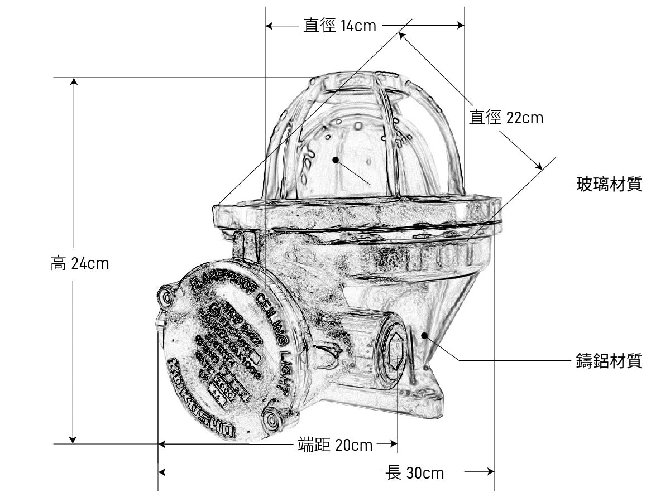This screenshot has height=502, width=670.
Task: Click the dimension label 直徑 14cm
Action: pos(339,25)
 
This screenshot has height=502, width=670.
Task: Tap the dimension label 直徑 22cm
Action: pos(506,118)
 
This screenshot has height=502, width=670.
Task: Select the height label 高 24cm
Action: pos(80,263)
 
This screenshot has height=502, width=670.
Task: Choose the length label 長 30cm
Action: pos(415,473)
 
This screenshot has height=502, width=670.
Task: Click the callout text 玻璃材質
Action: pos(609,185)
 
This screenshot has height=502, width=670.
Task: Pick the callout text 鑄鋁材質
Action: pos(609,361)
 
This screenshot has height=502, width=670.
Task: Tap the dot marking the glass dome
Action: pos(336,160)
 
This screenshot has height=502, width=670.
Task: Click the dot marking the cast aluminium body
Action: pos(425,335)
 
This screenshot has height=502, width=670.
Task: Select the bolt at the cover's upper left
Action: pos(166,295)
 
